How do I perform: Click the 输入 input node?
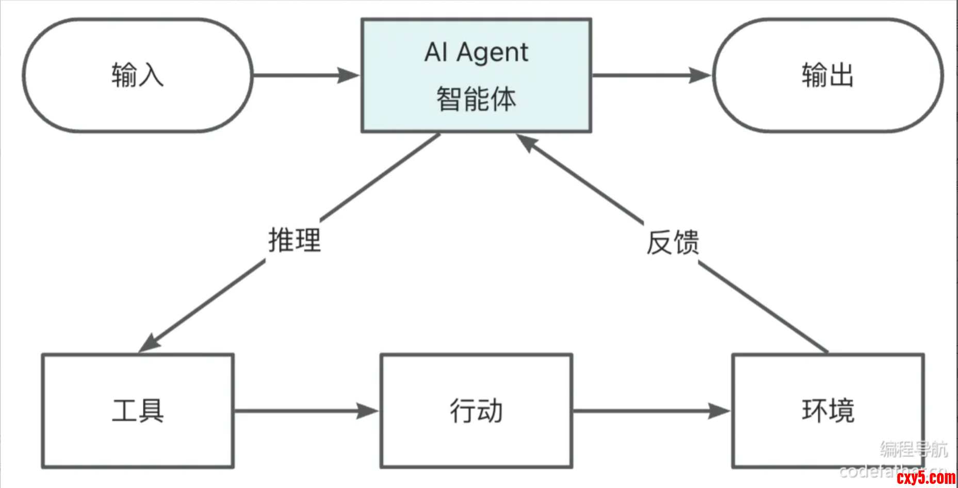(x=137, y=75)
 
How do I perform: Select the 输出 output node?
(x=827, y=75)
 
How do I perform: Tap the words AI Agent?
(x=476, y=52)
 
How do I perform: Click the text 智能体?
(x=476, y=99)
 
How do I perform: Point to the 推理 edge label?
(x=295, y=240)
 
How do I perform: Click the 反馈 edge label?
(x=673, y=242)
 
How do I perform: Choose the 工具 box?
(x=138, y=411)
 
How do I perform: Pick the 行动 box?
(x=476, y=411)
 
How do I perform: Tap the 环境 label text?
(x=828, y=411)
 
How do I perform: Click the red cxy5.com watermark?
(x=925, y=478)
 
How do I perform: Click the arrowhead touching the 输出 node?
(x=701, y=75)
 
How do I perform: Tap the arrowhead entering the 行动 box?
(x=367, y=411)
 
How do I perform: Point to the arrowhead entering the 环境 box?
(x=719, y=411)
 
